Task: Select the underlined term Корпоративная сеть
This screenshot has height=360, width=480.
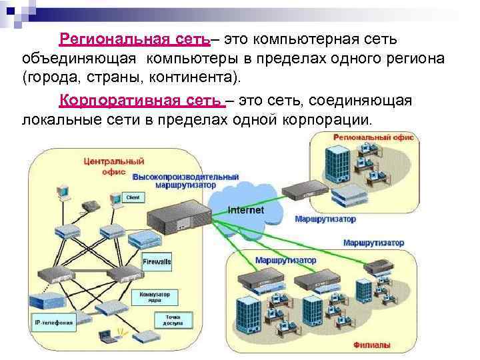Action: (x=141, y=101)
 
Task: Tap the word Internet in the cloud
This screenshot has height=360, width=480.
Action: (x=246, y=210)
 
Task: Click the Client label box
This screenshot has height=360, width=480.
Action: (x=133, y=198)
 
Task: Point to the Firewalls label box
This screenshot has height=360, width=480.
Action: (x=157, y=262)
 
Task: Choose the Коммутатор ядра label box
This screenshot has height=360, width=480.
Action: (x=154, y=296)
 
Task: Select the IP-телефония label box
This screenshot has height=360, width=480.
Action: (x=54, y=323)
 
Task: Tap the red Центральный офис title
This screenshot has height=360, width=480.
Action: (x=114, y=165)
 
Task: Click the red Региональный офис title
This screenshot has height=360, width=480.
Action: (x=373, y=137)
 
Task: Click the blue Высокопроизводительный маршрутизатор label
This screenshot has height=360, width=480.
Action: (x=186, y=180)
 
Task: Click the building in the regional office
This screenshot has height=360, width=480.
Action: (x=338, y=163)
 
